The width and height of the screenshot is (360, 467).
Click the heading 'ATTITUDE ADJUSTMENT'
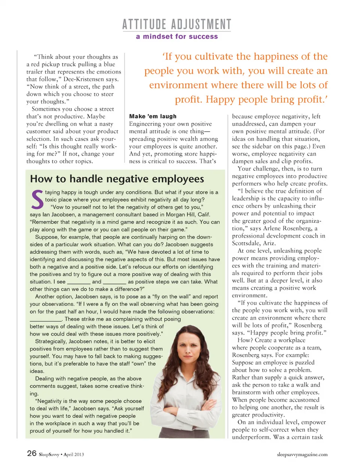pyautogui.click(x=177, y=24)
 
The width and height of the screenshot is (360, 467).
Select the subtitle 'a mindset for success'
pyautogui.click(x=177, y=36)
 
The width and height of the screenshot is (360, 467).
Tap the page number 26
pyautogui.click(x=31, y=453)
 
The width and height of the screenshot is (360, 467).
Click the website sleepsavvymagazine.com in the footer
pyautogui.click(x=302, y=454)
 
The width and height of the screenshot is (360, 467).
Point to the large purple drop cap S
pyautogui.click(x=37, y=200)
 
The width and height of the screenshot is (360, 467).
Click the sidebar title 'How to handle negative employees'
pyautogui.click(x=117, y=179)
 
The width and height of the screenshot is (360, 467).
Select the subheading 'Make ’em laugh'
pyautogui.click(x=153, y=116)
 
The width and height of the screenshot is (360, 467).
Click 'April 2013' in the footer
pyautogui.click(x=74, y=455)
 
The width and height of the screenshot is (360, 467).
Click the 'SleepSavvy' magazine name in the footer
pyautogui.click(x=49, y=455)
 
